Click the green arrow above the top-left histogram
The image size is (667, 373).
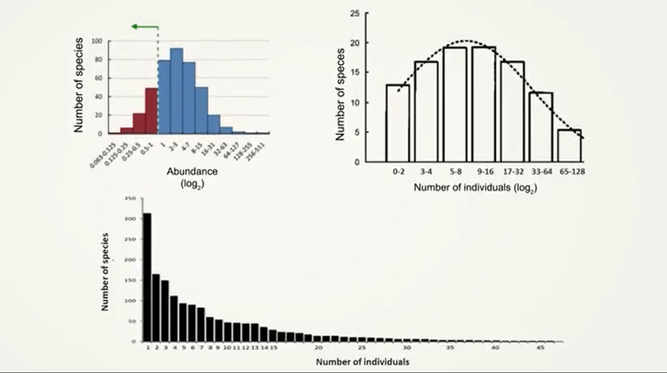click(144, 27)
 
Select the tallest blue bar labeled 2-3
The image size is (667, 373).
click(177, 91)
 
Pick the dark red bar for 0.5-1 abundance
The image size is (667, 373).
click(151, 111)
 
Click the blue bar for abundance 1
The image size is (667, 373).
click(164, 97)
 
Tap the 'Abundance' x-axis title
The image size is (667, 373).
click(191, 172)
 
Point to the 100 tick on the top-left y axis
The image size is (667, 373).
click(98, 41)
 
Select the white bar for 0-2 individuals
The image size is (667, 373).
click(397, 123)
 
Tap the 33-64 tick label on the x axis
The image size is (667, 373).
click(541, 172)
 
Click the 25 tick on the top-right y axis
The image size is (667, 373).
click(356, 13)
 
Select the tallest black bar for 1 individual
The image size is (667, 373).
click(147, 277)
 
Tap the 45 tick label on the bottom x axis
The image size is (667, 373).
click(540, 349)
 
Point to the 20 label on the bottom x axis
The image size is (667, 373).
click(317, 349)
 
